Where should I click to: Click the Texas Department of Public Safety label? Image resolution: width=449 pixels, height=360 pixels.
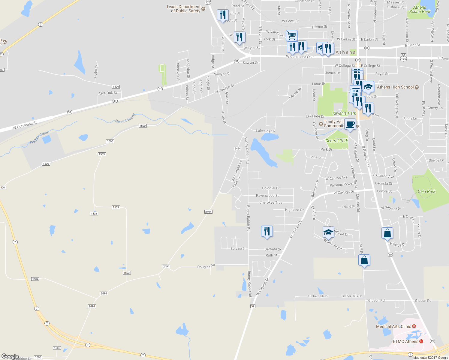click(183, 9)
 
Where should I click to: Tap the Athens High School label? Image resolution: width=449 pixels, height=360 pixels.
click(395, 87)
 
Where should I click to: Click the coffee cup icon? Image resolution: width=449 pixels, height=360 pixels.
click(350, 124)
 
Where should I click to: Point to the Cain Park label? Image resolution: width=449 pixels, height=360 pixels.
click(426, 191)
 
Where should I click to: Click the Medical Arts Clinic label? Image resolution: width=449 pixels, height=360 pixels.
click(393, 326)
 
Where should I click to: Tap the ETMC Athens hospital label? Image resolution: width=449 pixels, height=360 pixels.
click(405, 341)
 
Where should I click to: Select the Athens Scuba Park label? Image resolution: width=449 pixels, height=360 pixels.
click(420, 9)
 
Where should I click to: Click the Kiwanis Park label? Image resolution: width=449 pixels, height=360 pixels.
click(344, 113)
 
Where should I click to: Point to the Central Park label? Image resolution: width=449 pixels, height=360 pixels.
click(336, 141)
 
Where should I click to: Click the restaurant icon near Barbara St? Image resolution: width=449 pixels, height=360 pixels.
click(267, 231)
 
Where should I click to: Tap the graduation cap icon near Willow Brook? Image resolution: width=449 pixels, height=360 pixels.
click(328, 232)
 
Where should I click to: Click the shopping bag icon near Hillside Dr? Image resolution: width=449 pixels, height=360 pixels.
click(387, 233)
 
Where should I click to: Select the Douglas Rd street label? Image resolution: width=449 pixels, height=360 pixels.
click(206, 266)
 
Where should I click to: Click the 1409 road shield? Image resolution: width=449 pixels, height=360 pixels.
click(116, 87)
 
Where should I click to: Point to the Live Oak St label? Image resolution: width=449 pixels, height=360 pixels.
click(108, 93)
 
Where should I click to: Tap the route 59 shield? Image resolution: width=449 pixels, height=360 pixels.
click(253, 306)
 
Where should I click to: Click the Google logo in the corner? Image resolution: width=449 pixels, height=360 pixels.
click(10, 356)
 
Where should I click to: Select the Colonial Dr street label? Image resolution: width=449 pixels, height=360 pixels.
click(271, 188)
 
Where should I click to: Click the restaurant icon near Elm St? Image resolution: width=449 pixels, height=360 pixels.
click(222, 15)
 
